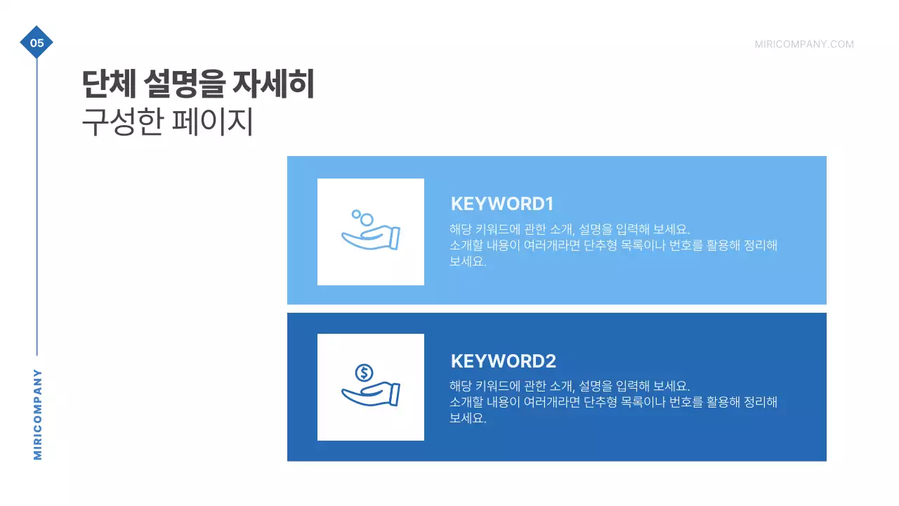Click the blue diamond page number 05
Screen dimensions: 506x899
37,43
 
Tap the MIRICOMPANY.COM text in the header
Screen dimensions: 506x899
804,44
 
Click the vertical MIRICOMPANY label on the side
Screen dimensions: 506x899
38,415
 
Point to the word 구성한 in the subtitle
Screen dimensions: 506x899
122,122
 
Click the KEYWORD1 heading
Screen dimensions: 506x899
502,204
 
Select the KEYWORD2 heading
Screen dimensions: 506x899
503,361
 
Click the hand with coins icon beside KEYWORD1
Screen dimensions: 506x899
370,231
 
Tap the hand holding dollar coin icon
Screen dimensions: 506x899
370,387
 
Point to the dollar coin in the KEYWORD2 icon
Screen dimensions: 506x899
364,372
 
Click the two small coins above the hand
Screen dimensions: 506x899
361,216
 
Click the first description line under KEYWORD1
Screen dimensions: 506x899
570,229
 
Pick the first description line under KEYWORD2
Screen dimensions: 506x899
570,386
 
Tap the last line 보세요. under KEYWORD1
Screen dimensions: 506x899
468,261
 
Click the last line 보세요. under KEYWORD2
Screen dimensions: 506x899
468,418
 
